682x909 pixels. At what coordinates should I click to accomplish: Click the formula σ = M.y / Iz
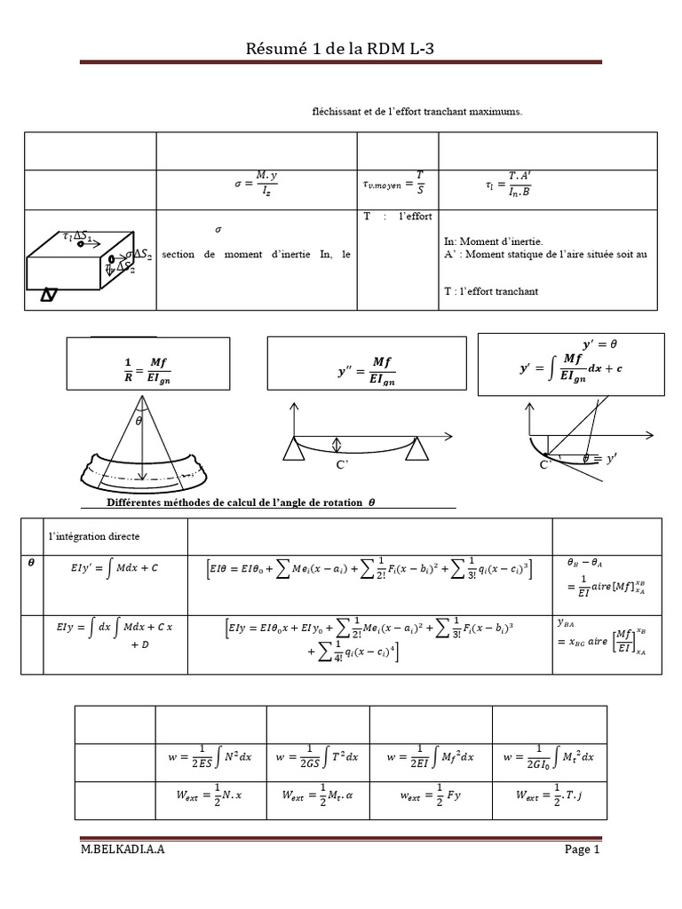click(257, 186)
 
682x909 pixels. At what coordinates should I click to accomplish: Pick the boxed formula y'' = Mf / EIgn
click(366, 367)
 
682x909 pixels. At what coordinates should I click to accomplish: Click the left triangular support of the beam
click(290, 451)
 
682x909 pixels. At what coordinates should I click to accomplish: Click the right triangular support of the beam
click(413, 451)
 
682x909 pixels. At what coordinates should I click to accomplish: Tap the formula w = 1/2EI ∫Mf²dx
click(431, 756)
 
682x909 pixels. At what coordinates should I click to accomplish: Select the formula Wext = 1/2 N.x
click(203, 798)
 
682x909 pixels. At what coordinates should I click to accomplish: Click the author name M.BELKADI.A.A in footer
click(122, 850)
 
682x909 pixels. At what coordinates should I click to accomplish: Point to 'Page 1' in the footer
click(583, 850)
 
